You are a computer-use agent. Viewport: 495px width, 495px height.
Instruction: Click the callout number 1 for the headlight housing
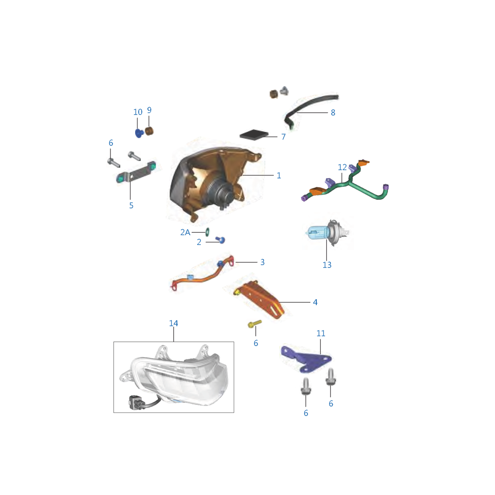click(279, 176)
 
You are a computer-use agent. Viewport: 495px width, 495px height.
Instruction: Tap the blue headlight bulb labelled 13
click(327, 233)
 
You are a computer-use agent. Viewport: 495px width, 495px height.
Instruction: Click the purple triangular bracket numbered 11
click(306, 359)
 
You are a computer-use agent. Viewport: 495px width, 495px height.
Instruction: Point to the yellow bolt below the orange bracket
click(254, 324)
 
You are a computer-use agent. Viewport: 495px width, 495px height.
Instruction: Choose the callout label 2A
click(185, 232)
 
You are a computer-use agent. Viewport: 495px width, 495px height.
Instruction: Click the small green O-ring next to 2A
click(208, 232)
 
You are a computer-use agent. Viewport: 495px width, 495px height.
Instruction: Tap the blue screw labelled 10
click(139, 133)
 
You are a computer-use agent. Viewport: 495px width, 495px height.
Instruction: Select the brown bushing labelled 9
click(149, 131)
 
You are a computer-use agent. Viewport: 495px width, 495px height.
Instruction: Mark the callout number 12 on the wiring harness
click(342, 167)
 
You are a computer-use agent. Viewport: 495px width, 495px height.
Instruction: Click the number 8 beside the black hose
click(333, 112)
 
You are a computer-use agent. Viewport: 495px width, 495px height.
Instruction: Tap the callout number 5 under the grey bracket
click(132, 205)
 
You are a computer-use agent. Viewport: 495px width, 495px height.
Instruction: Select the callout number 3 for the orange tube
click(262, 262)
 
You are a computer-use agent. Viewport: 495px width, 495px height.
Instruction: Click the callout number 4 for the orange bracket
click(315, 302)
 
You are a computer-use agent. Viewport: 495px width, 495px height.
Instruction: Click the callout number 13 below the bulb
click(327, 265)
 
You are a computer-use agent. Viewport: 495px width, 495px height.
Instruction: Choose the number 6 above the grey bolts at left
click(111, 143)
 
